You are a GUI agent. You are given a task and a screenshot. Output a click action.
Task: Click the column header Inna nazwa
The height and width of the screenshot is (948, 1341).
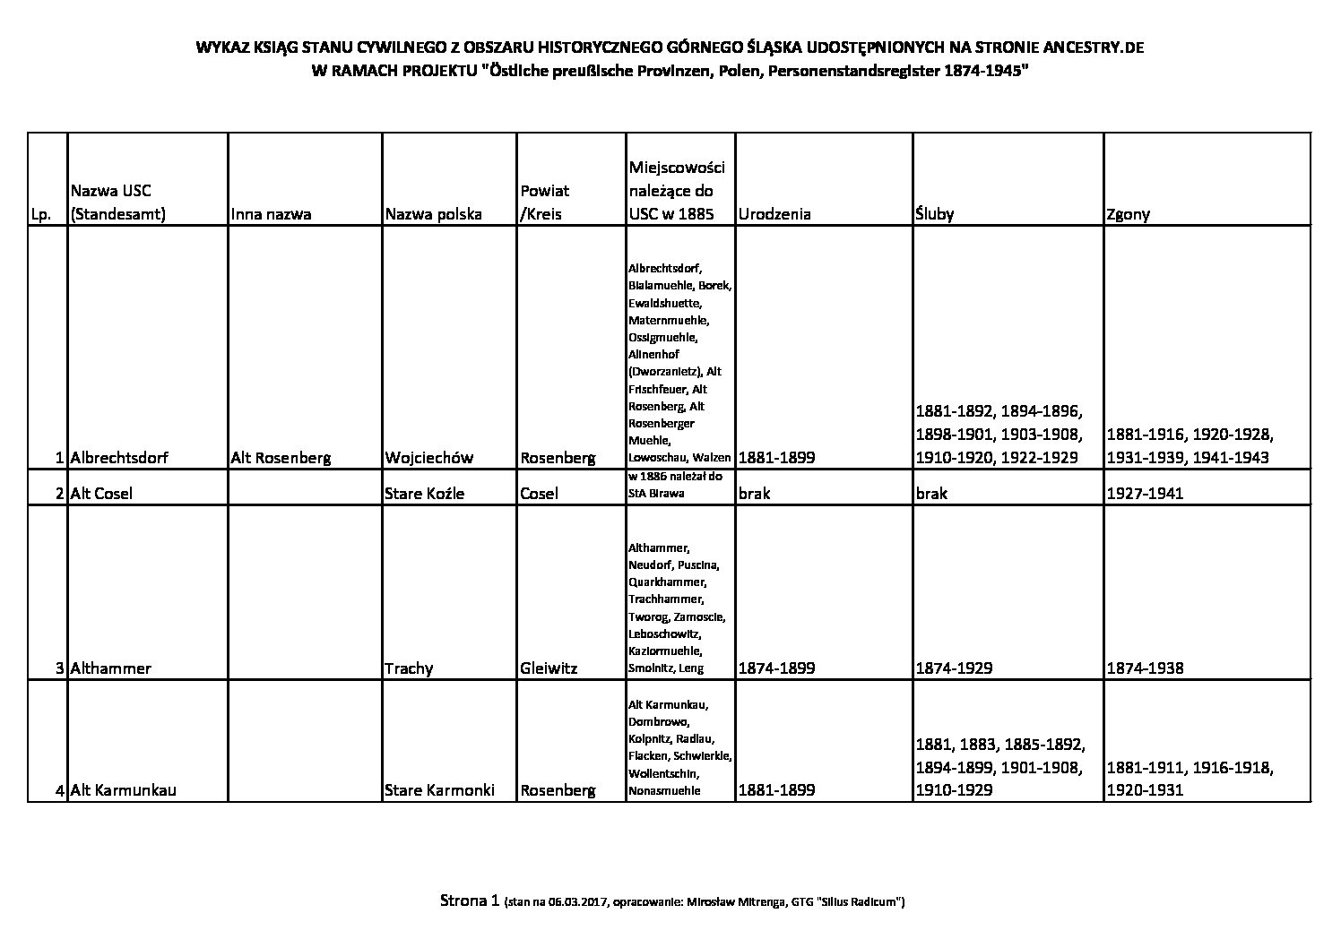coord(271,214)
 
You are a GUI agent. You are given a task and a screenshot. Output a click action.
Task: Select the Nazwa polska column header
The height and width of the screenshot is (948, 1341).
coord(433,214)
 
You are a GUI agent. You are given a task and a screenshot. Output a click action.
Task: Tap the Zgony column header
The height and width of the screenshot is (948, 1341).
coord(1129,214)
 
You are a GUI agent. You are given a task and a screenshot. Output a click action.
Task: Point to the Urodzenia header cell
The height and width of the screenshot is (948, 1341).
coord(774,214)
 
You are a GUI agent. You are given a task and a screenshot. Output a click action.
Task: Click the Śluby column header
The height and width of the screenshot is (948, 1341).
coord(935,214)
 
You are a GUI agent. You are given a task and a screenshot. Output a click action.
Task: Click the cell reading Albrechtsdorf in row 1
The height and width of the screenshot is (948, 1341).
coord(119,458)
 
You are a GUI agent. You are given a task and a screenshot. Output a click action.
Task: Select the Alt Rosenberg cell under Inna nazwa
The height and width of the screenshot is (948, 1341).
coord(281,458)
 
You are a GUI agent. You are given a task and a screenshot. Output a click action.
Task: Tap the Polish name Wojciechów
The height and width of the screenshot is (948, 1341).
coord(428,458)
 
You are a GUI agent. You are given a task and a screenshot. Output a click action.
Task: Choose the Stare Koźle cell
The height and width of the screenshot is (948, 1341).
coord(424,494)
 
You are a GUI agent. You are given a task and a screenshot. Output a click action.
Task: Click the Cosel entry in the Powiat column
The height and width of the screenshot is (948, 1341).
coord(539,494)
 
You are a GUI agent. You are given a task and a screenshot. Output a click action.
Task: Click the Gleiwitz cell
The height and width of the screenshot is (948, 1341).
coord(549,668)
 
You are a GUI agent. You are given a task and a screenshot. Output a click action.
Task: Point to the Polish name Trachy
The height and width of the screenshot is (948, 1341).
coord(409,668)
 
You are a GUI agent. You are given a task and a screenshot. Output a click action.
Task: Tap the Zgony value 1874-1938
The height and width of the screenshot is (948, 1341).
coord(1145,668)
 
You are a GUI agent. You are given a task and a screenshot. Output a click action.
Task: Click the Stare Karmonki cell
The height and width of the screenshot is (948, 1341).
coord(439,790)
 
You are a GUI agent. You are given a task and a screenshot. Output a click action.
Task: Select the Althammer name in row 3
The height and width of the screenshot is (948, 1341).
coord(111,668)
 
